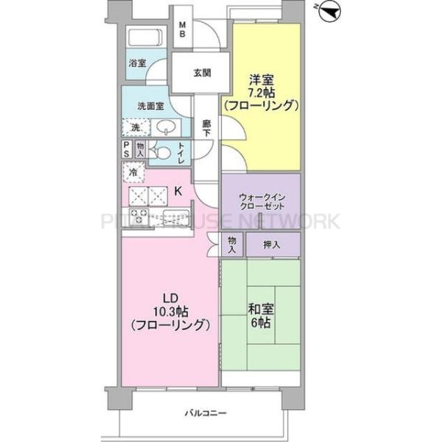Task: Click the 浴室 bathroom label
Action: [x=136, y=64]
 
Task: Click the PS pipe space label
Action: [x=127, y=150]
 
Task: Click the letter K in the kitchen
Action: [x=178, y=192]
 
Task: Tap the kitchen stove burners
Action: [x=138, y=217]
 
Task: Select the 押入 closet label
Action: [x=273, y=243]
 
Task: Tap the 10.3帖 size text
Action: [x=171, y=310]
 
